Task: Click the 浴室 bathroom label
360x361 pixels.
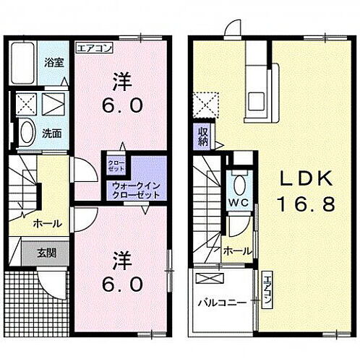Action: coord(53,62)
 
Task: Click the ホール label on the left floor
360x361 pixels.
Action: coord(47,223)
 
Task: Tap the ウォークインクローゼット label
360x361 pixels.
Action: coord(136,191)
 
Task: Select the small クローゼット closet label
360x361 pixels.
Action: coord(115,165)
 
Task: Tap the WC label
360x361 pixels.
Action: coord(239,204)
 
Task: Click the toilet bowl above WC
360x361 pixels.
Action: coord(239,183)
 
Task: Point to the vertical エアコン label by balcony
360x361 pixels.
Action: coord(267,293)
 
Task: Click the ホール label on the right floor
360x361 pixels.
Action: coord(237,251)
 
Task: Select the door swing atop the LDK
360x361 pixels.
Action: coord(233,27)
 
